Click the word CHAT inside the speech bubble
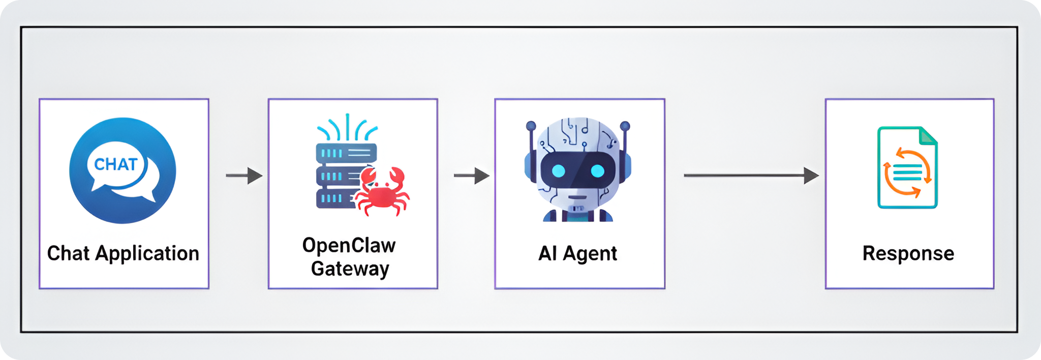coord(116,164)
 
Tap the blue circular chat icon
coord(123,170)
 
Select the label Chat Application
coord(123,253)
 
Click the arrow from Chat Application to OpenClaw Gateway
coord(244,175)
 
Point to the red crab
coord(383,192)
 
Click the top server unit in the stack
coord(346,153)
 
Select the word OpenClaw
coord(349,246)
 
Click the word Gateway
coord(350,268)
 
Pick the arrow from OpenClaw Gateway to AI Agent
coord(472,175)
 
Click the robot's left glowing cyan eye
coord(558,171)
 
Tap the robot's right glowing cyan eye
coord(597,171)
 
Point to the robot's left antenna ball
coord(531,125)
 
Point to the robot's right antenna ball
coord(625,126)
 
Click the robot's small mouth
coord(577,197)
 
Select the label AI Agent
coord(578,253)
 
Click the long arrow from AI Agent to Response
coord(751,175)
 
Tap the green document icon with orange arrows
coord(907,168)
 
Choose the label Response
coord(908,253)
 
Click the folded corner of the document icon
coord(928,135)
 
